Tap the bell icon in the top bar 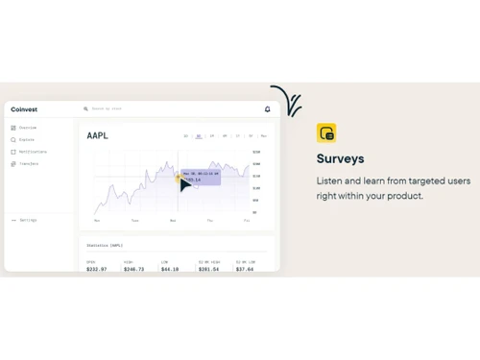click(267, 109)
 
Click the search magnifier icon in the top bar click(86, 109)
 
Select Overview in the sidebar click(26, 128)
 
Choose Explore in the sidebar click(25, 140)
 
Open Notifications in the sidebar click(30, 152)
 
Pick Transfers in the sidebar click(26, 164)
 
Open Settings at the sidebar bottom click(25, 220)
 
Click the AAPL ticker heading click(97, 136)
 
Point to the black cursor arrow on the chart click(184, 184)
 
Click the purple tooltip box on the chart click(201, 177)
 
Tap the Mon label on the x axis click(97, 221)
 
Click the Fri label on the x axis click(247, 221)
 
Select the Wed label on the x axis click(173, 221)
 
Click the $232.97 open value click(95, 269)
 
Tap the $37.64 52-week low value click(245, 269)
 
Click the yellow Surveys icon click(326, 133)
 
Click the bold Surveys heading click(340, 158)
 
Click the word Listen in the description click(328, 180)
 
